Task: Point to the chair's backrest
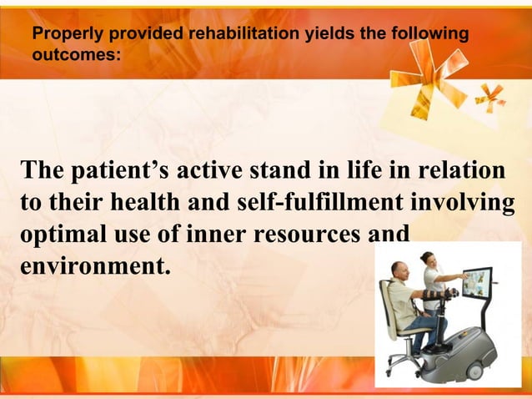[x=387, y=305]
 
